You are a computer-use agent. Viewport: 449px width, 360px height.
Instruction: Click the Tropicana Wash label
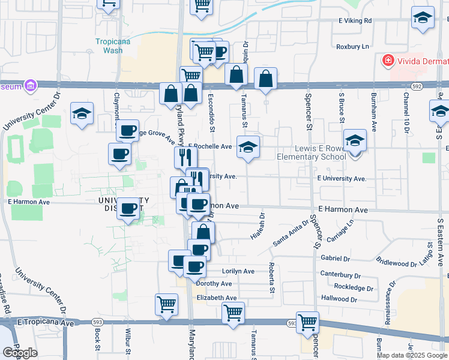click(x=109, y=46)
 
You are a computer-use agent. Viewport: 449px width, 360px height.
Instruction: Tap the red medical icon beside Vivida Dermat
click(x=388, y=61)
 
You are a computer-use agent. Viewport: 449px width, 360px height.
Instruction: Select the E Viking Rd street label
click(x=354, y=20)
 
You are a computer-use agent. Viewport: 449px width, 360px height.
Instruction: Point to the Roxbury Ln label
click(x=352, y=46)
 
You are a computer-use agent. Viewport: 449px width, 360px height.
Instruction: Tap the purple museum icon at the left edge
click(x=29, y=86)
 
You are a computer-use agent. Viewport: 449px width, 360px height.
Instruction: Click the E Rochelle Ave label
click(x=210, y=146)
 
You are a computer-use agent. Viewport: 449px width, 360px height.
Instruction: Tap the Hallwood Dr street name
click(x=339, y=299)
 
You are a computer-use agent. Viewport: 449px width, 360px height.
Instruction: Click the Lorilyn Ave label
click(x=238, y=271)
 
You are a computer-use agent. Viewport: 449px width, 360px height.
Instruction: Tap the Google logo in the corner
click(x=20, y=353)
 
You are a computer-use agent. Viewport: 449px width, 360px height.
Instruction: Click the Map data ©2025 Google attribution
click(x=412, y=355)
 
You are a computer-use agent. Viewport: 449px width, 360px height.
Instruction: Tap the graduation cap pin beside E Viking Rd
click(x=423, y=18)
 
